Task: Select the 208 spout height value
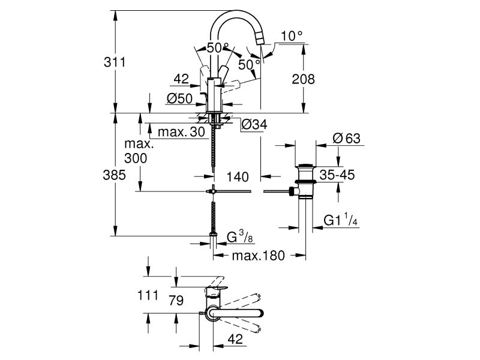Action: click(x=319, y=78)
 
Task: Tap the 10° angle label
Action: click(x=291, y=36)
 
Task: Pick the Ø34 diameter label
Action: click(x=254, y=125)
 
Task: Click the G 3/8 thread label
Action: click(x=237, y=238)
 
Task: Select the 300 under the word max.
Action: click(x=135, y=158)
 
